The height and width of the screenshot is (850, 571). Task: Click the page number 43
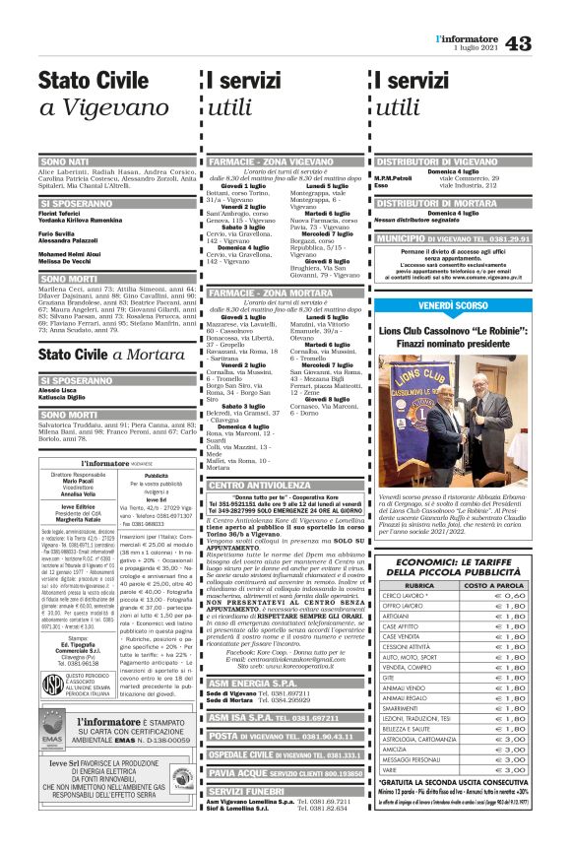point(546,42)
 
